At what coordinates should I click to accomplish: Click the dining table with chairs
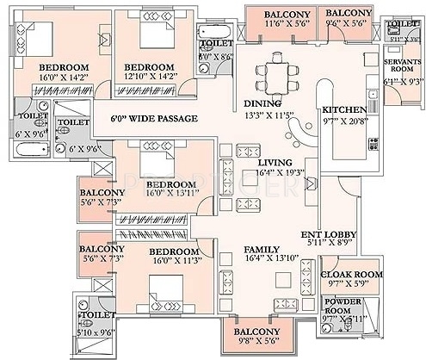coord(278,68)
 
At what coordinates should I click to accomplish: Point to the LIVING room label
coord(275,162)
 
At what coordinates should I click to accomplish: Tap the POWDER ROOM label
coord(343,304)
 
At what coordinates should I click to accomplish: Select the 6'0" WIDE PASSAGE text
coord(155,118)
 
